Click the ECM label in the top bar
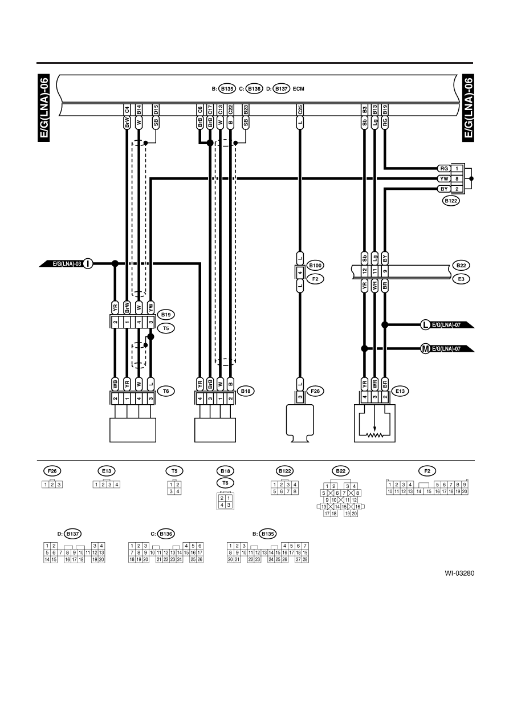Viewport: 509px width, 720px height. point(298,89)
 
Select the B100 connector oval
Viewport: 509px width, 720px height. point(315,266)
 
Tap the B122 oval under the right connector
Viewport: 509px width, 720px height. point(451,201)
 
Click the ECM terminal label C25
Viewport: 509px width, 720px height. point(300,110)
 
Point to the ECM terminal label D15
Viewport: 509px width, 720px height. point(156,110)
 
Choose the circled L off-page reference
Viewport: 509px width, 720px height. point(425,324)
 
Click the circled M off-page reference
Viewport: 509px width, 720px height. point(425,348)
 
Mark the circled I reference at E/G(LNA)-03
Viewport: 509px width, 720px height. point(88,263)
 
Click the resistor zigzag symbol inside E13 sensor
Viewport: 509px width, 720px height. point(374,435)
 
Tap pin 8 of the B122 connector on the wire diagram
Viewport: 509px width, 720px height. point(457,178)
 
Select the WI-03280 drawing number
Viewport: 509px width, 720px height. point(459,573)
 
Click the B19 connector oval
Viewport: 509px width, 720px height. point(166,315)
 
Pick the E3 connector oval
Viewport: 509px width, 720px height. point(461,279)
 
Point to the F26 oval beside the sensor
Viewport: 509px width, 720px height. point(315,391)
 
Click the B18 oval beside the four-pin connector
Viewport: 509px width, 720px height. point(246,391)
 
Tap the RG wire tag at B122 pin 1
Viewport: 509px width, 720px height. point(444,168)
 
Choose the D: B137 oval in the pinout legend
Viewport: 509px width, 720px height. point(72,534)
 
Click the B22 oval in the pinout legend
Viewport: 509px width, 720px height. point(341,471)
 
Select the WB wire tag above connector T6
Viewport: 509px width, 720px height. point(115,384)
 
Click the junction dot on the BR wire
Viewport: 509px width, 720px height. point(385,324)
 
